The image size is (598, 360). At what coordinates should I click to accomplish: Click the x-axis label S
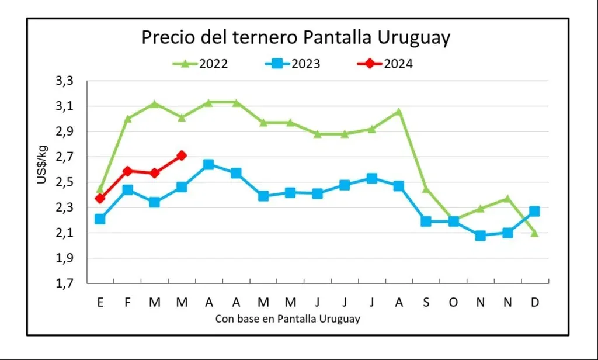tap(426, 302)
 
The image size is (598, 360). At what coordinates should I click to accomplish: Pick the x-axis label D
tap(534, 302)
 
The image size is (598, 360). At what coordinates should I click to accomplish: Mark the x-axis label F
tap(127, 302)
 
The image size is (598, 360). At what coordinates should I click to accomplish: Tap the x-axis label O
tap(453, 302)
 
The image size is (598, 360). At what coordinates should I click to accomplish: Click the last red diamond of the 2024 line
tap(182, 155)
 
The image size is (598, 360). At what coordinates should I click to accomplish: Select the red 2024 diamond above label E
tap(100, 199)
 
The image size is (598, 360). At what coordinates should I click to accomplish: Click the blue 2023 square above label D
tap(534, 212)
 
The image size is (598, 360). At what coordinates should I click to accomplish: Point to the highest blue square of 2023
tap(208, 165)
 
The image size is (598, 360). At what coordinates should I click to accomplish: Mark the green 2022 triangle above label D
tap(534, 233)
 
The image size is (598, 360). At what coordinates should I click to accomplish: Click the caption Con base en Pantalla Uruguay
tap(287, 319)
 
